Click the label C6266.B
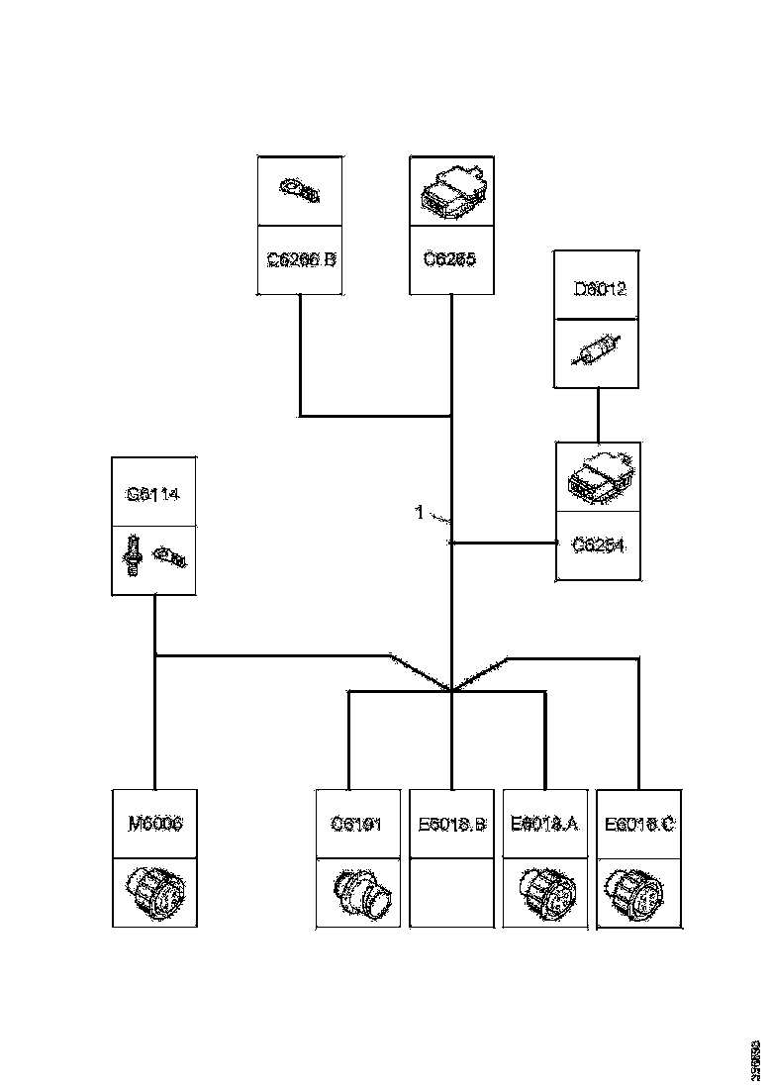click(301, 260)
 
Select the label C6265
click(451, 260)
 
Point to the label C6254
click(599, 544)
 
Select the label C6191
click(355, 823)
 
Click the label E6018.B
click(451, 823)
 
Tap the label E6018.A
click(544, 823)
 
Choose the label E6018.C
click(639, 823)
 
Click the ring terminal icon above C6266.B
click(299, 190)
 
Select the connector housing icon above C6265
click(451, 190)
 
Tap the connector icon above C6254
click(597, 478)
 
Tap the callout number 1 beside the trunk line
click(419, 513)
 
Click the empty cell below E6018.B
click(451, 893)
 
